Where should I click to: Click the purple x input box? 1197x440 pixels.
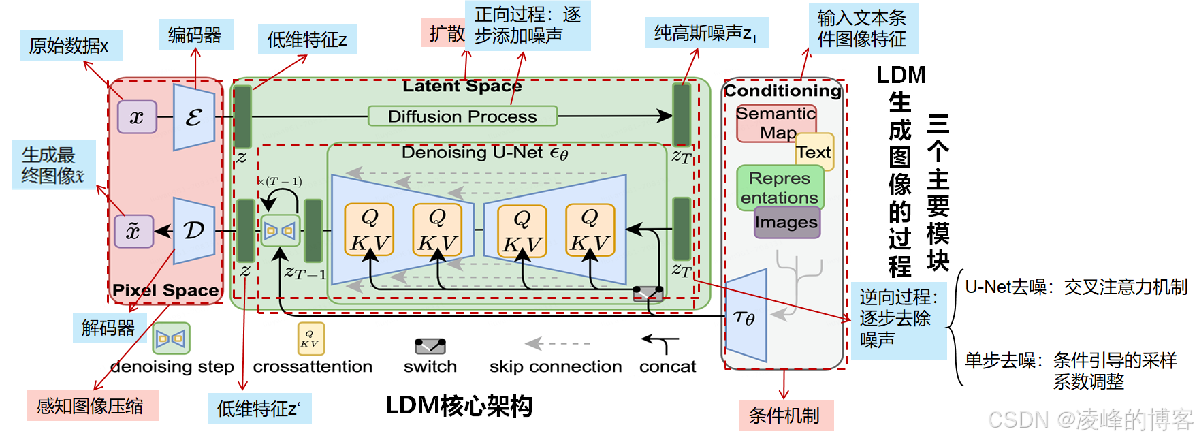pos(137,116)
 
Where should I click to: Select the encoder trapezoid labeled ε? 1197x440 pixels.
pos(194,117)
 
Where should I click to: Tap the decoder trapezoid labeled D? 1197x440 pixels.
pos(194,231)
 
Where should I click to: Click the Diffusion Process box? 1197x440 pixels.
pos(462,116)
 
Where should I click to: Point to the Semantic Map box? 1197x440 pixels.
pos(776,123)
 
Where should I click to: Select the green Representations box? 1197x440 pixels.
pos(780,187)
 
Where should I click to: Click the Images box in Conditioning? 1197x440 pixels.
pos(786,223)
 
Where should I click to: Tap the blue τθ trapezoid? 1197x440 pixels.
pos(746,317)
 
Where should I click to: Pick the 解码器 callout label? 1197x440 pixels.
pos(108,328)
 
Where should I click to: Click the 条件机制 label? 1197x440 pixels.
pos(785,415)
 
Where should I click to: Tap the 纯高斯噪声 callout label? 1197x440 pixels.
pos(706,33)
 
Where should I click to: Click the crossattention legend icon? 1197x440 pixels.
pos(310,338)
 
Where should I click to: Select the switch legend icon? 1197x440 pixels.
pos(430,346)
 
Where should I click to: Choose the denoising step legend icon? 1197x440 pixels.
pos(171,338)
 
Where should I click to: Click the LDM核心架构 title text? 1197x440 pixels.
pos(459,406)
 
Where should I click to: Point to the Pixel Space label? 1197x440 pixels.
pos(165,290)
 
